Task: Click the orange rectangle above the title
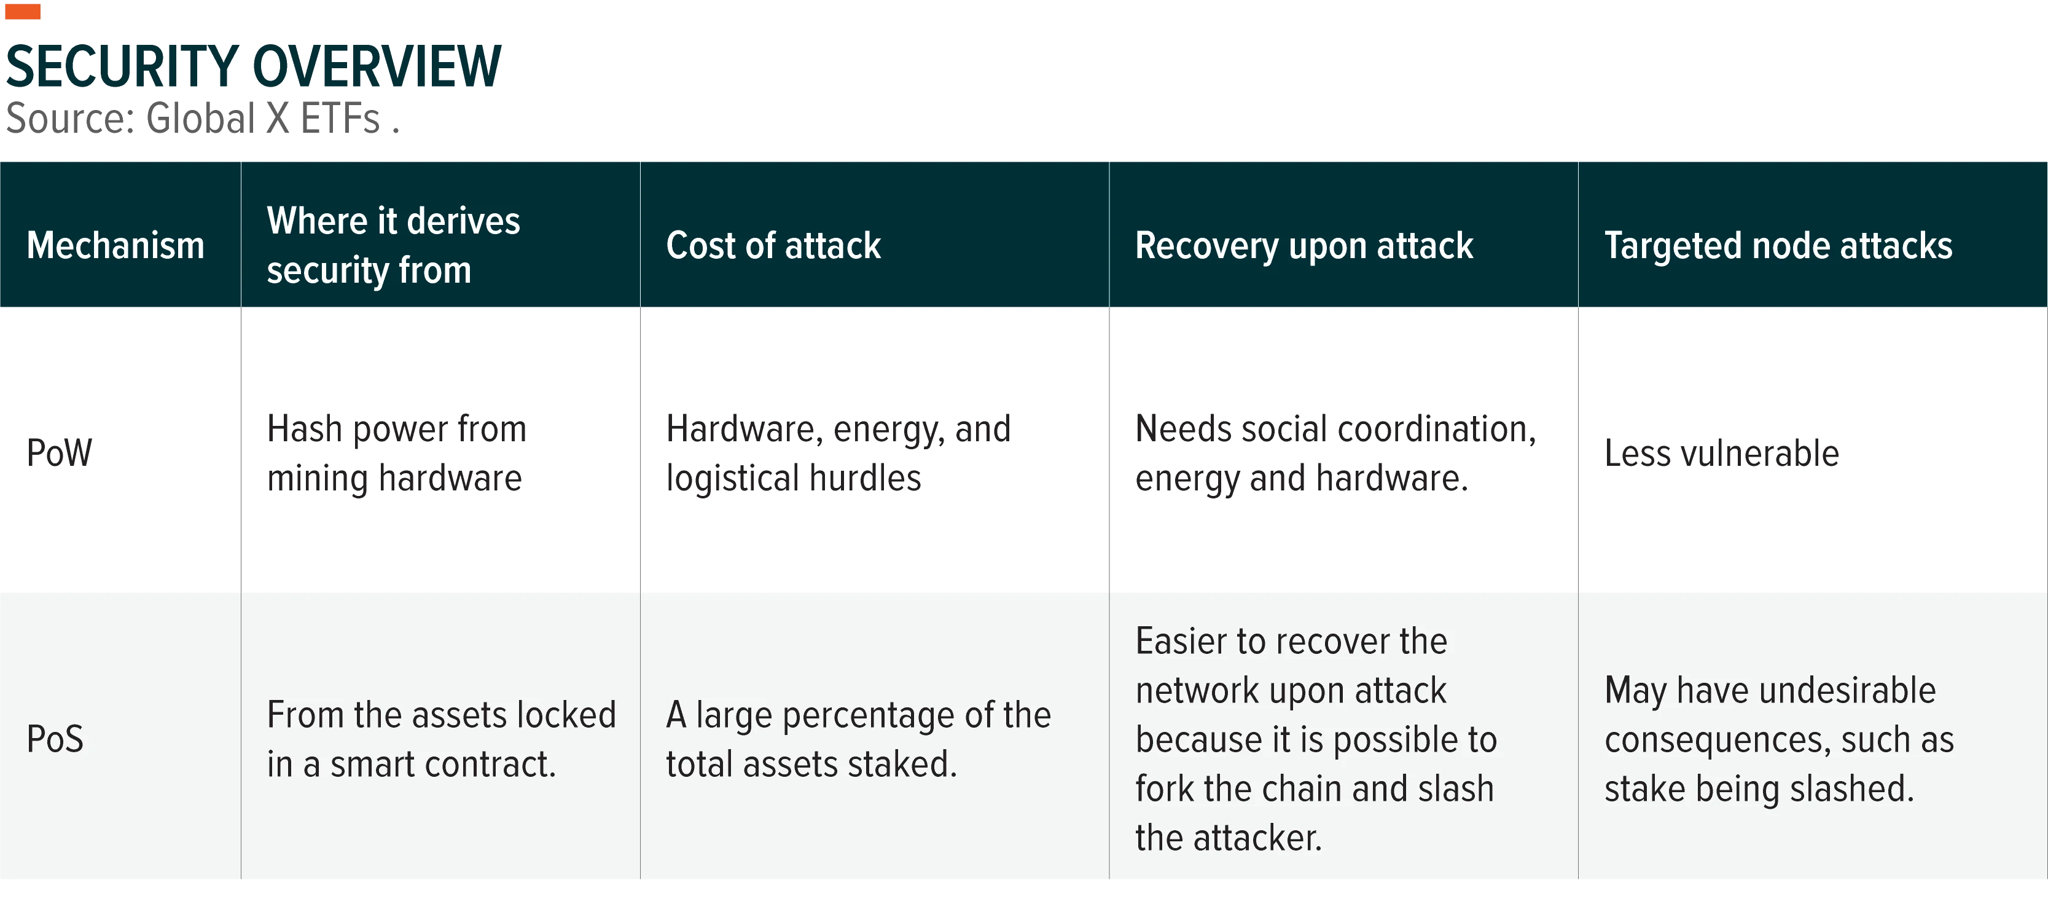point(22,11)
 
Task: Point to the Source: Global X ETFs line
point(202,119)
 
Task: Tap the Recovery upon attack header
point(1304,246)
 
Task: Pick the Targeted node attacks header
point(1778,246)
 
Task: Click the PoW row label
point(59,452)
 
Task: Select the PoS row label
point(55,739)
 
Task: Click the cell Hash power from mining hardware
point(396,453)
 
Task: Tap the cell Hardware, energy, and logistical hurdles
point(838,453)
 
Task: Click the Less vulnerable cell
point(1721,453)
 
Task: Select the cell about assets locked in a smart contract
point(441,739)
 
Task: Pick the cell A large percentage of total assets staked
point(858,739)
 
